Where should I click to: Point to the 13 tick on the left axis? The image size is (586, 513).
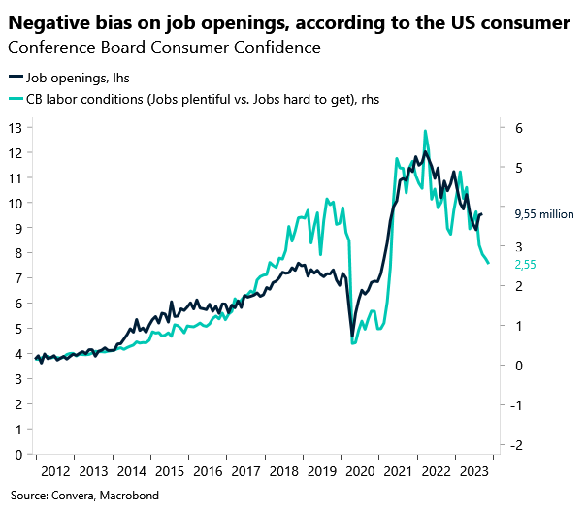click(x=16, y=128)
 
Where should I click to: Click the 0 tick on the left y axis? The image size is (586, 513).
click(x=18, y=454)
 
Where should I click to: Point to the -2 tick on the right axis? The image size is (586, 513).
click(x=518, y=444)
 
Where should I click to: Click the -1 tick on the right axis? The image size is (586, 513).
click(x=518, y=404)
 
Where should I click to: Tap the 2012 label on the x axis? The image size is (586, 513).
click(x=54, y=471)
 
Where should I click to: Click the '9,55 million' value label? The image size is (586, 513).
click(x=544, y=215)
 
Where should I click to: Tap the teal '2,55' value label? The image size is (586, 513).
click(x=525, y=264)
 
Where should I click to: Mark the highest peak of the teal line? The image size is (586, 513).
click(x=425, y=131)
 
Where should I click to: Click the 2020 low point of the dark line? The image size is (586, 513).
click(x=352, y=337)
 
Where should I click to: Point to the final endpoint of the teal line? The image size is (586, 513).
click(x=488, y=263)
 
